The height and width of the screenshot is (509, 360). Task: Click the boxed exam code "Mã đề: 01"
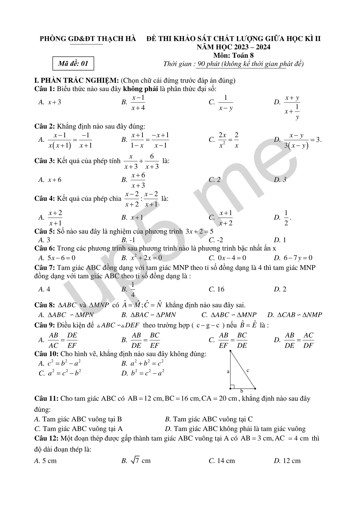pos(73,63)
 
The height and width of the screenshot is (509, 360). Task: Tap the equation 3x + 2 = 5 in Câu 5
pos(199,232)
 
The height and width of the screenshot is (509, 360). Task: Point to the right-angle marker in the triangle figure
pos(232,387)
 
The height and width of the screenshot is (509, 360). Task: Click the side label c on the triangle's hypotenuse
pos(248,370)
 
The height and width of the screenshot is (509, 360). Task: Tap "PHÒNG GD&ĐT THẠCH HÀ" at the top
pos(88,39)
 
